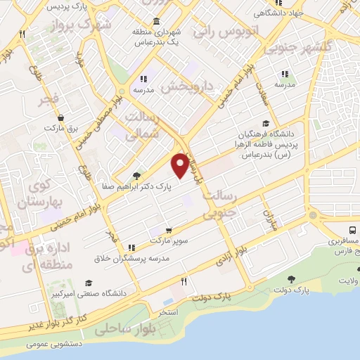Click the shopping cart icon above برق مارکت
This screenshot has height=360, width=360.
pos(63,118)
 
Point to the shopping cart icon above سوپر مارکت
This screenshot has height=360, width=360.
pos(169,230)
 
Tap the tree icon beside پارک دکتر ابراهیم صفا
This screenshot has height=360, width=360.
pos(136,176)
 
